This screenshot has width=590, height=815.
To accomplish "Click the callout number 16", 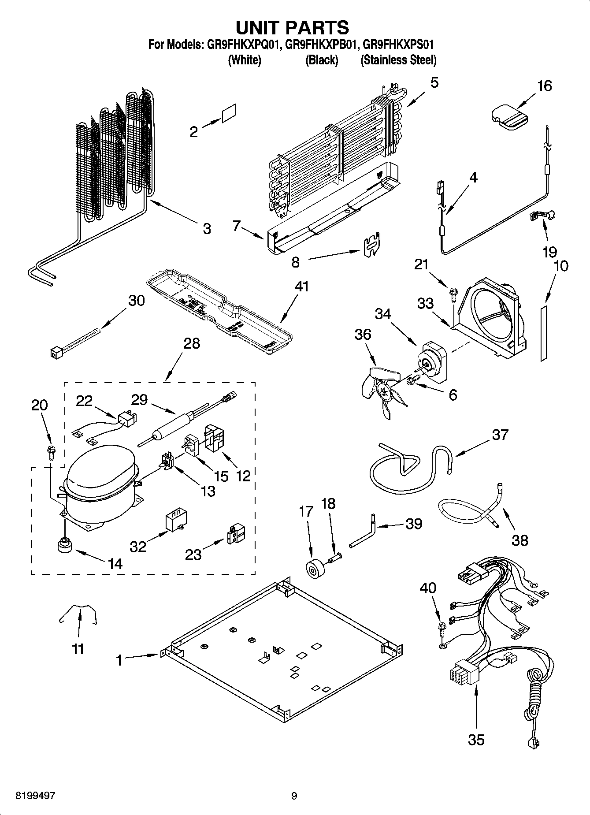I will pos(545,86).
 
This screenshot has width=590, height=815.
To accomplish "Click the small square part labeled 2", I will pos(230,113).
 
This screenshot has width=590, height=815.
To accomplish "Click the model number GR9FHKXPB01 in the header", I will pos(321,45).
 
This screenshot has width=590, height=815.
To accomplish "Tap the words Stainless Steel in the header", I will pos(398,60).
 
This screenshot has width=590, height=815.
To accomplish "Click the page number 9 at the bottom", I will pos(294,796).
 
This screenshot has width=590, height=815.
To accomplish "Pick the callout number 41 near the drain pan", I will pos(302,287).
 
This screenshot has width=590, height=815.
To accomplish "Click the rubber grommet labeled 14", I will pos(65,545).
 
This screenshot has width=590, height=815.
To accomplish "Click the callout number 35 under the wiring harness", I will pos(476,739).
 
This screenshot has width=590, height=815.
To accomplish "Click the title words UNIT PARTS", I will pos(293,27).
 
